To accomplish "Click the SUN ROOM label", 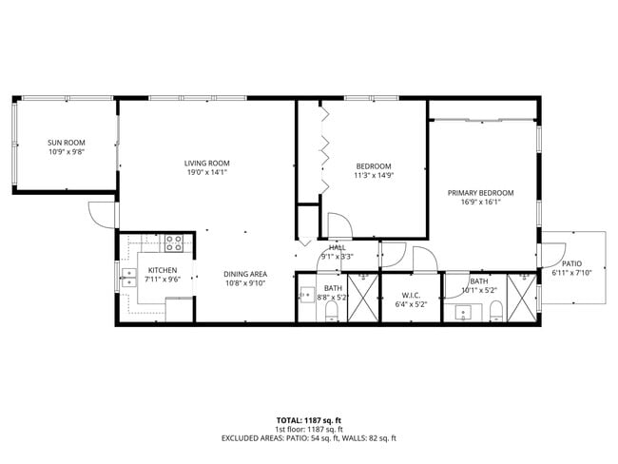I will click(x=66, y=143).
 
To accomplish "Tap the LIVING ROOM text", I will click(x=206, y=163).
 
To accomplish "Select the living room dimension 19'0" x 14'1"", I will click(x=206, y=173).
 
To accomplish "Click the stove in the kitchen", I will click(x=174, y=243).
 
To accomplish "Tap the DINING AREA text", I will click(x=245, y=274).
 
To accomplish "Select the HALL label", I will click(x=337, y=247).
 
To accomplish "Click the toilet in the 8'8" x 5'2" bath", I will click(x=330, y=314).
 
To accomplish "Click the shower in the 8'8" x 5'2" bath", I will click(x=362, y=298).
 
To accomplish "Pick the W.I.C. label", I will click(x=411, y=295).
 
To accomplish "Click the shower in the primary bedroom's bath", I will click(x=521, y=298).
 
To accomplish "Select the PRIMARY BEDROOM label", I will click(x=480, y=192).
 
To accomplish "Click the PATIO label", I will click(x=571, y=263).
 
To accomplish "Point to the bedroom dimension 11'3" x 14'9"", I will click(x=373, y=176).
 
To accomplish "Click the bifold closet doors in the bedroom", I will click(x=323, y=147).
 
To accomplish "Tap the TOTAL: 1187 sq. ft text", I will click(x=309, y=419).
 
